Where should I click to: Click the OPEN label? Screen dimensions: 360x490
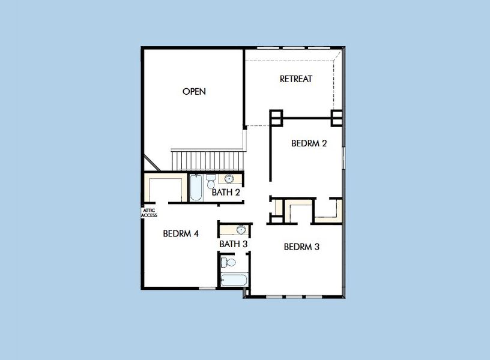(194, 92)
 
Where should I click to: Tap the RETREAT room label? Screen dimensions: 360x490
(296, 79)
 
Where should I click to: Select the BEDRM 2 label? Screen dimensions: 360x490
(309, 143)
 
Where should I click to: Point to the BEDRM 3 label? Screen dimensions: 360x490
(301, 247)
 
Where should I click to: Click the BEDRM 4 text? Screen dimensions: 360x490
(181, 233)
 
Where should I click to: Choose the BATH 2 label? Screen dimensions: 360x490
(226, 193)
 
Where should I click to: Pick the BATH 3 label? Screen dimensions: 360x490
(234, 244)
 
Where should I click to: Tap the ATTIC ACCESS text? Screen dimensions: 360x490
(149, 212)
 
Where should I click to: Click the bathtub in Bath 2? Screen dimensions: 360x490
(196, 187)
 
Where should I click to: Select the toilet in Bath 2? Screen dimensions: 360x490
(211, 181)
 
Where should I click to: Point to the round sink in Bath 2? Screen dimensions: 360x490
(229, 178)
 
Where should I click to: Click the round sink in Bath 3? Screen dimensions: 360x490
(241, 230)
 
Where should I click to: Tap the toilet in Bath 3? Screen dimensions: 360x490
(227, 262)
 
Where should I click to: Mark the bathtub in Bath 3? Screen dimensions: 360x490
(234, 280)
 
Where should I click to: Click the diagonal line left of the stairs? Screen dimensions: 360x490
(151, 162)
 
